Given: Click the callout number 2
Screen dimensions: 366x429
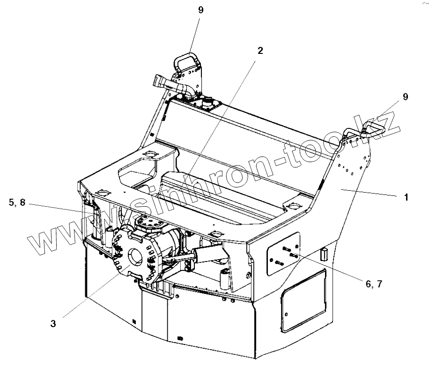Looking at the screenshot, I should click(x=260, y=51).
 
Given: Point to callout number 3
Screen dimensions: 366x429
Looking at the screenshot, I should click(x=53, y=323).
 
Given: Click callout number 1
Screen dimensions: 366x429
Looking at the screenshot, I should click(x=406, y=197).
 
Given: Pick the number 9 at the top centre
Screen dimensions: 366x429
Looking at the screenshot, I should click(x=200, y=10).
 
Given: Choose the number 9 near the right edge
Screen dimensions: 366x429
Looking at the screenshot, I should click(x=405, y=97).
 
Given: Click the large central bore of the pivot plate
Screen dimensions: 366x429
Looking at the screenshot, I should click(x=135, y=256).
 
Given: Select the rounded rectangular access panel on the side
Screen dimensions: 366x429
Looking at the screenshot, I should click(x=303, y=294).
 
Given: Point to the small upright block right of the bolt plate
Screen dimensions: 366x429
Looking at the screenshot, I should click(x=323, y=254).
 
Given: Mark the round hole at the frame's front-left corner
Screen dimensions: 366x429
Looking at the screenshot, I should click(x=103, y=192).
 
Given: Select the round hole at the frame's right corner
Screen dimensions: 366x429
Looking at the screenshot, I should click(x=294, y=205).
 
